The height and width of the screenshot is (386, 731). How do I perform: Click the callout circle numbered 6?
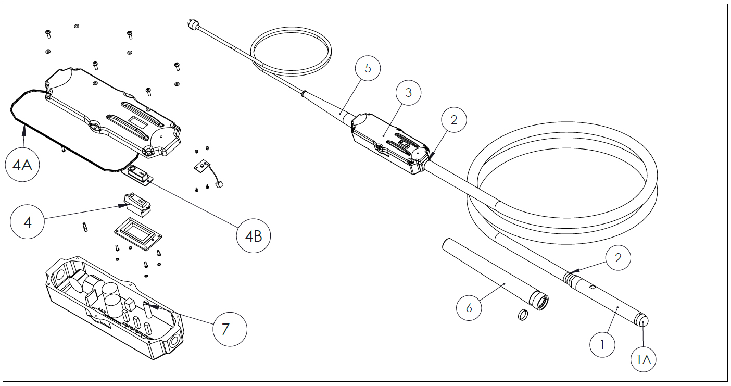coord(469,307)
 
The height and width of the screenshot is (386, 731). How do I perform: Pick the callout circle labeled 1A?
coord(644,359)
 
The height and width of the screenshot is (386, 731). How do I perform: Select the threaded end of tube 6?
coord(538,301)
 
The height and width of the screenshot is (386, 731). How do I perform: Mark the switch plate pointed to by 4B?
coord(138,175)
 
